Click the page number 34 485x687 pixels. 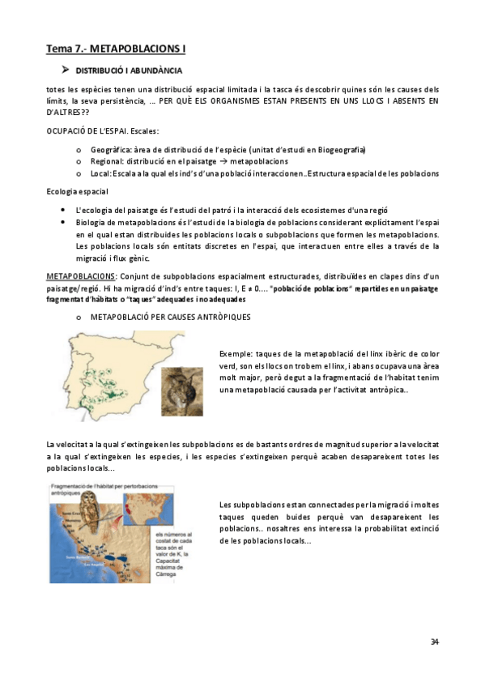pyautogui.click(x=434, y=642)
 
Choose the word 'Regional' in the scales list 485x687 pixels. pyautogui.click(x=105, y=162)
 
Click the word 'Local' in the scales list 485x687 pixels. pyautogui.click(x=100, y=174)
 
